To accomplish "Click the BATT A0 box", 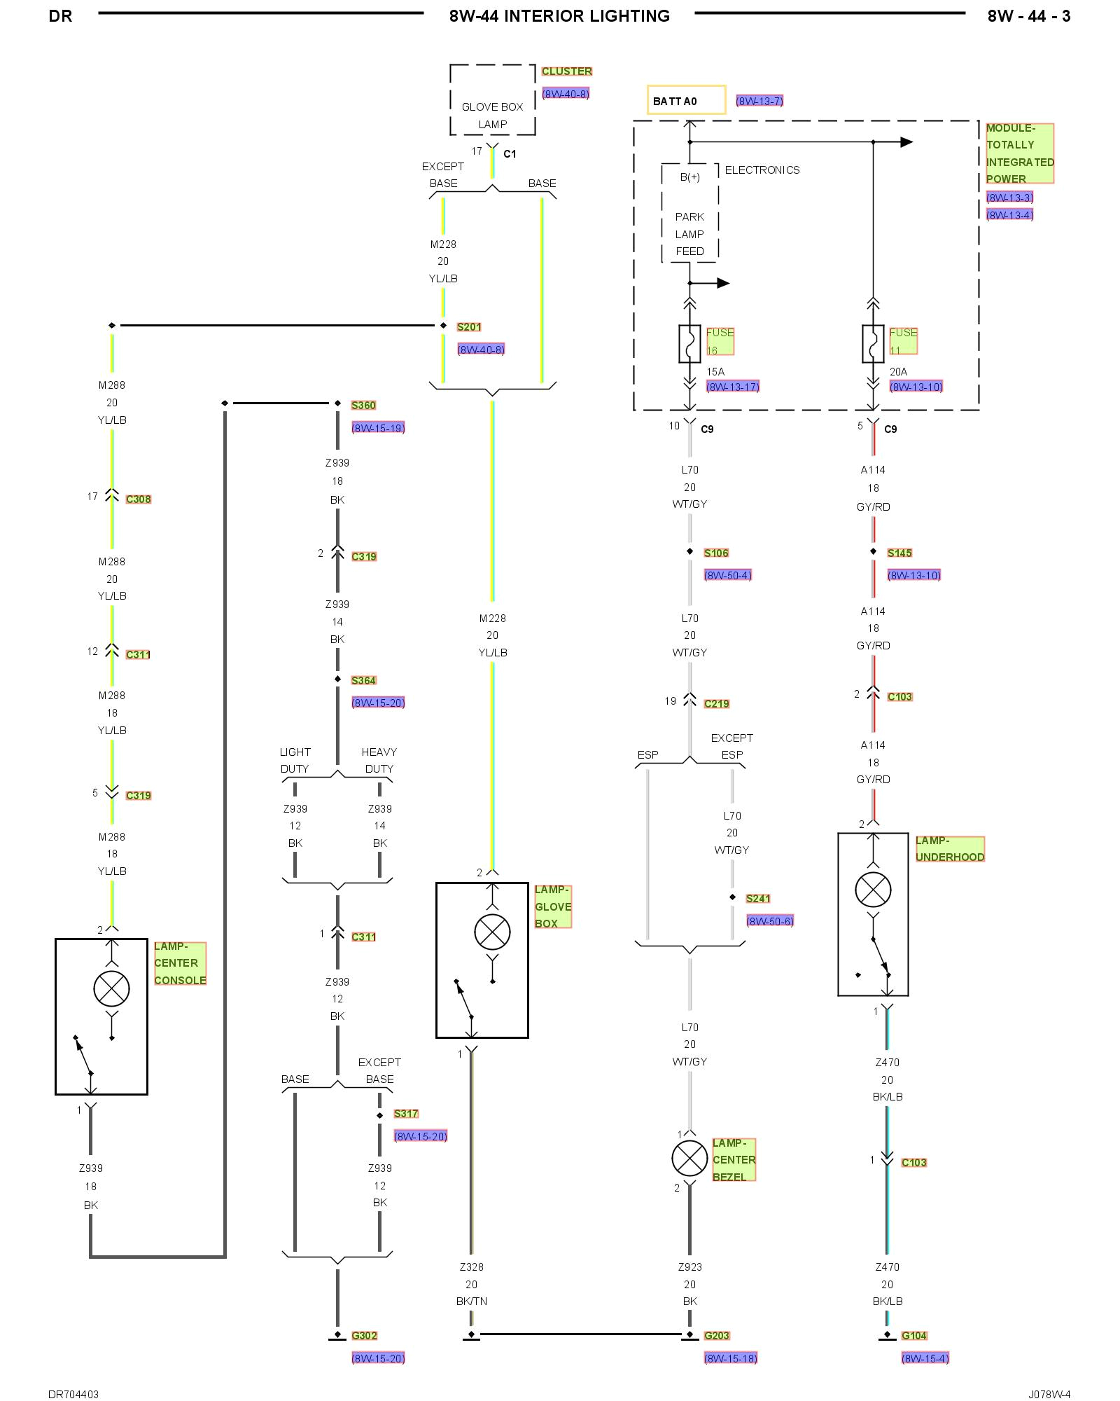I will pyautogui.click(x=685, y=100).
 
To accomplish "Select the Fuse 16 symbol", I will pyautogui.click(x=689, y=343).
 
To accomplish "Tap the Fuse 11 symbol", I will pyautogui.click(x=873, y=343).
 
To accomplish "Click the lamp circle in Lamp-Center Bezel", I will pyautogui.click(x=689, y=1157).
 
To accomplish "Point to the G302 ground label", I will pyautogui.click(x=364, y=1335).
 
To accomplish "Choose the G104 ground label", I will pyautogui.click(x=913, y=1335).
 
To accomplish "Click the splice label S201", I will pyautogui.click(x=469, y=326).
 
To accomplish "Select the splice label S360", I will pyautogui.click(x=363, y=405).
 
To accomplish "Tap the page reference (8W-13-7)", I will pyautogui.click(x=759, y=101).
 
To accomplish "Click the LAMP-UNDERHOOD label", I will pyautogui.click(x=949, y=848).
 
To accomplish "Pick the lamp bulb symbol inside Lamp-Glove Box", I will pyautogui.click(x=492, y=932).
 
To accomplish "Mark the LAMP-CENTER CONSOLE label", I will pyautogui.click(x=180, y=963).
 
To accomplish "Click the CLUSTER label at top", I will pyautogui.click(x=566, y=71).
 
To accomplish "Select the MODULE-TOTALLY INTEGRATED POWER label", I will pyautogui.click(x=1019, y=153).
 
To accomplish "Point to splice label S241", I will pyautogui.click(x=757, y=898).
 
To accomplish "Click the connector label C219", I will pyautogui.click(x=716, y=703).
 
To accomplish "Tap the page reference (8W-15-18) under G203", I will pyautogui.click(x=730, y=1358).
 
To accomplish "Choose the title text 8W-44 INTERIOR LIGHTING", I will pyautogui.click(x=559, y=16).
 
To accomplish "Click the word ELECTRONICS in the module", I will pyautogui.click(x=762, y=170).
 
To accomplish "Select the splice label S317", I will pyautogui.click(x=405, y=1113).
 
